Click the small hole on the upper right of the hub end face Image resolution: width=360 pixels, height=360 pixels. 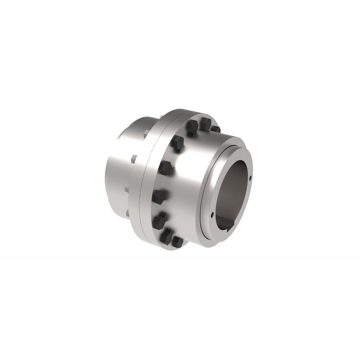coord(250,178)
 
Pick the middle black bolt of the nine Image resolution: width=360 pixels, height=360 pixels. coord(166,167)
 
